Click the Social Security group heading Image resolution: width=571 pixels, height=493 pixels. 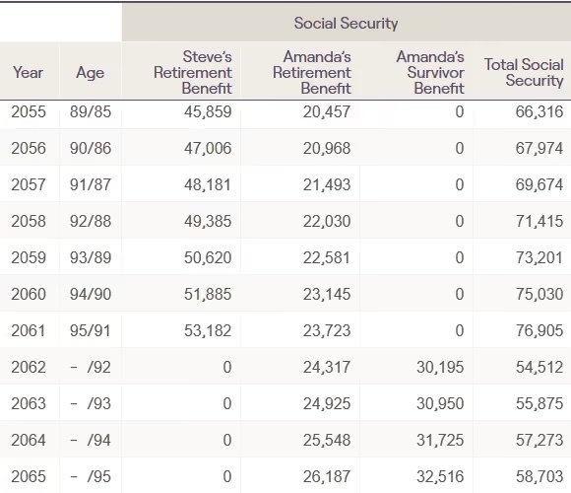(x=346, y=24)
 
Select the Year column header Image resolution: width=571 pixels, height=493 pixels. (x=28, y=72)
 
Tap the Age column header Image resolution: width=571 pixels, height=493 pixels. (x=90, y=73)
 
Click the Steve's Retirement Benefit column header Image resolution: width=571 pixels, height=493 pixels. (x=193, y=72)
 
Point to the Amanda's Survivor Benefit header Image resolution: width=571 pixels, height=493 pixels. (x=430, y=72)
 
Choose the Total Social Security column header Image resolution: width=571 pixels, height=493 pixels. (x=524, y=72)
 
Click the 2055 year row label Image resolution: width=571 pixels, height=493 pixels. (x=29, y=111)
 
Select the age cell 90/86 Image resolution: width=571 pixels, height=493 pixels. (x=91, y=148)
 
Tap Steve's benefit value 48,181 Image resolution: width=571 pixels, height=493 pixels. (x=208, y=184)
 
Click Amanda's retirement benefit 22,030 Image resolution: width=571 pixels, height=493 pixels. (x=327, y=221)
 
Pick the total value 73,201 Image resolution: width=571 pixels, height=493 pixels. (x=539, y=257)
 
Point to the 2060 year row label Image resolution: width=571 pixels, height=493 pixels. (x=29, y=294)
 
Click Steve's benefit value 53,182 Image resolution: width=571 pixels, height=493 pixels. (x=208, y=330)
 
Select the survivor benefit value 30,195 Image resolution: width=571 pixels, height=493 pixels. (x=440, y=367)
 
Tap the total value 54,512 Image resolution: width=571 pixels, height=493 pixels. (x=539, y=367)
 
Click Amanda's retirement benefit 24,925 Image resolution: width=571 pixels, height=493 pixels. (x=327, y=403)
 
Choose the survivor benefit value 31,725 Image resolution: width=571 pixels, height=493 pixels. (x=440, y=440)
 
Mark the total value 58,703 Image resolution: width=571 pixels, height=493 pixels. (x=539, y=476)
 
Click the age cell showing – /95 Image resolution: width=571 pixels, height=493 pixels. (x=91, y=476)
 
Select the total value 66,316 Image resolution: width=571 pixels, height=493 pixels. (x=539, y=111)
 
